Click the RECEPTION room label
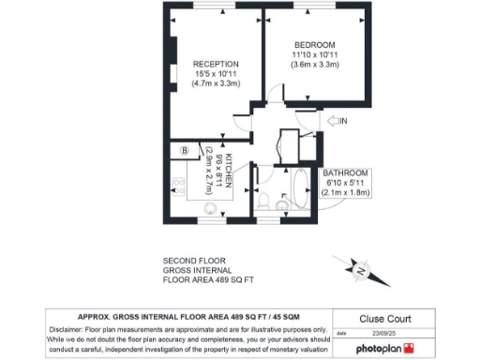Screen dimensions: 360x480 (x=216, y=64)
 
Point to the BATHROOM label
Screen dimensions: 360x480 (x=346, y=173)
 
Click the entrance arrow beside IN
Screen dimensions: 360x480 (x=335, y=120)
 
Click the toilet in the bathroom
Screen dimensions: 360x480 (x=265, y=200)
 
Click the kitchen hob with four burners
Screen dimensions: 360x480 (x=177, y=185)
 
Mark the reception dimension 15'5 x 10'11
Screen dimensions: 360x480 (x=216, y=74)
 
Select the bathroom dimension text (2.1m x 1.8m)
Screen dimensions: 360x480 (x=346, y=193)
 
